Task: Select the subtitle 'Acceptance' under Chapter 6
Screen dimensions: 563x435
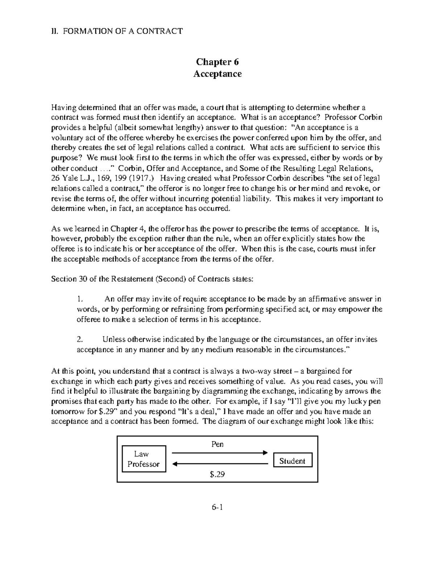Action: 217,74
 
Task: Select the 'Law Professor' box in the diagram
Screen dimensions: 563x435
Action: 144,459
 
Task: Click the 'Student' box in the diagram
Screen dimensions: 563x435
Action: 292,461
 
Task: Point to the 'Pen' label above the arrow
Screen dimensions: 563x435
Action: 217,444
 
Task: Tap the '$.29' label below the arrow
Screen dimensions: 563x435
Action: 217,474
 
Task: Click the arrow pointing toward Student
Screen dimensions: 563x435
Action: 219,453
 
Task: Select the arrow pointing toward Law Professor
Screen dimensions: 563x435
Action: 219,464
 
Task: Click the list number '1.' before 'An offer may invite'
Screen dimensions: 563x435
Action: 80,299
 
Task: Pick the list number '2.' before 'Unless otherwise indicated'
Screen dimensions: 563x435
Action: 80,340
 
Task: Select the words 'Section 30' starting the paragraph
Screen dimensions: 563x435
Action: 64,279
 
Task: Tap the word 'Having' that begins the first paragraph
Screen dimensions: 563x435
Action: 61,107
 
